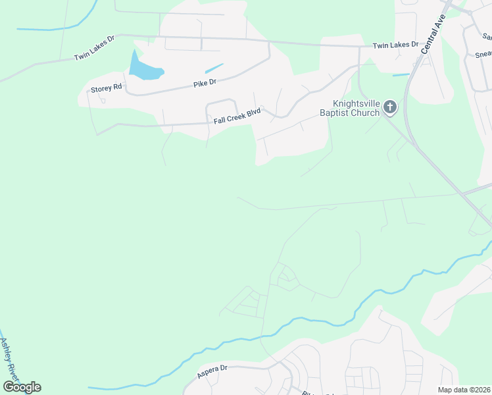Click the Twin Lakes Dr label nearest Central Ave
[x=395, y=45]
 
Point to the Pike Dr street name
[x=205, y=84]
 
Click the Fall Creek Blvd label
[x=237, y=117]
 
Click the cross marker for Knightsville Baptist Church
[x=390, y=107]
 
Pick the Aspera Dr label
[x=212, y=371]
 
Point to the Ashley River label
[x=9, y=359]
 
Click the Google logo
[x=22, y=386]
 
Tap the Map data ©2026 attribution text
[x=463, y=390]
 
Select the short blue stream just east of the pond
[x=214, y=68]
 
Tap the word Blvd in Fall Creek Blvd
[x=253, y=113]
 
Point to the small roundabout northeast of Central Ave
[x=470, y=13]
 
